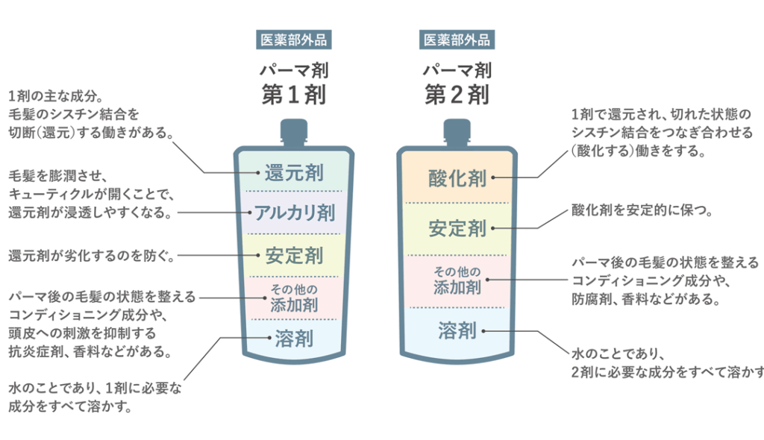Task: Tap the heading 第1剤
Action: (x=293, y=95)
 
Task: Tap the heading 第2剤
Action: (x=457, y=95)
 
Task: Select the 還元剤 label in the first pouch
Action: (x=294, y=174)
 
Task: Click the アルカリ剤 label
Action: (x=294, y=213)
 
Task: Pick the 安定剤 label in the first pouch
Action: (x=294, y=256)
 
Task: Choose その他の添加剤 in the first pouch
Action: (x=294, y=297)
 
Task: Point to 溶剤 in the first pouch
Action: (x=294, y=339)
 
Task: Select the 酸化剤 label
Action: (x=457, y=178)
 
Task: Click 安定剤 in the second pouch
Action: (x=457, y=228)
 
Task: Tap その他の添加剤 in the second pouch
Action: (x=457, y=279)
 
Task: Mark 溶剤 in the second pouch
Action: (x=457, y=329)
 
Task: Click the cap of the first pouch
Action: (x=294, y=133)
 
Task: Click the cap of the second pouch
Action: (x=457, y=133)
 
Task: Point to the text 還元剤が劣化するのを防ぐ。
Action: (x=92, y=256)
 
